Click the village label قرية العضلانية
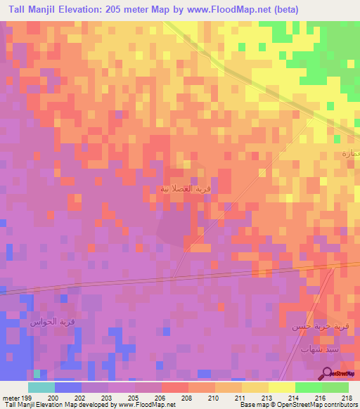(186, 188)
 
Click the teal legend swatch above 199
(41, 387)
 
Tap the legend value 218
(346, 397)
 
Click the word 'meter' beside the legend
(10, 397)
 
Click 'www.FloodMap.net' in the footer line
(147, 405)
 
